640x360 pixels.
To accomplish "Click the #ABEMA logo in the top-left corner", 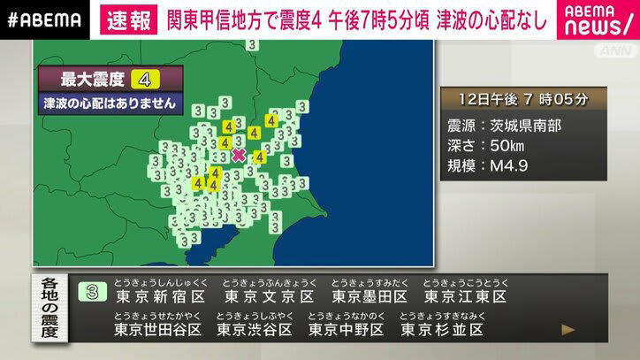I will coord(44,19).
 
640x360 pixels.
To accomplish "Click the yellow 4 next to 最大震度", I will coord(144,79).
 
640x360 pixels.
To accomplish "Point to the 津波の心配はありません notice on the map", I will coord(110,103).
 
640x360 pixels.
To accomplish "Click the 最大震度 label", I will coord(85,79).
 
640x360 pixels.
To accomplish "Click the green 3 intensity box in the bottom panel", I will coord(91,293).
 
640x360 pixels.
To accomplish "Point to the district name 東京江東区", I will coord(465,296).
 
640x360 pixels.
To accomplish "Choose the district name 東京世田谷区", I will coord(159,329).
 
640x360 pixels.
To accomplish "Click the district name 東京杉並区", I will coord(442,329).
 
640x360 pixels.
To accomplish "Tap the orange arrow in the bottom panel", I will coord(568,330).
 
